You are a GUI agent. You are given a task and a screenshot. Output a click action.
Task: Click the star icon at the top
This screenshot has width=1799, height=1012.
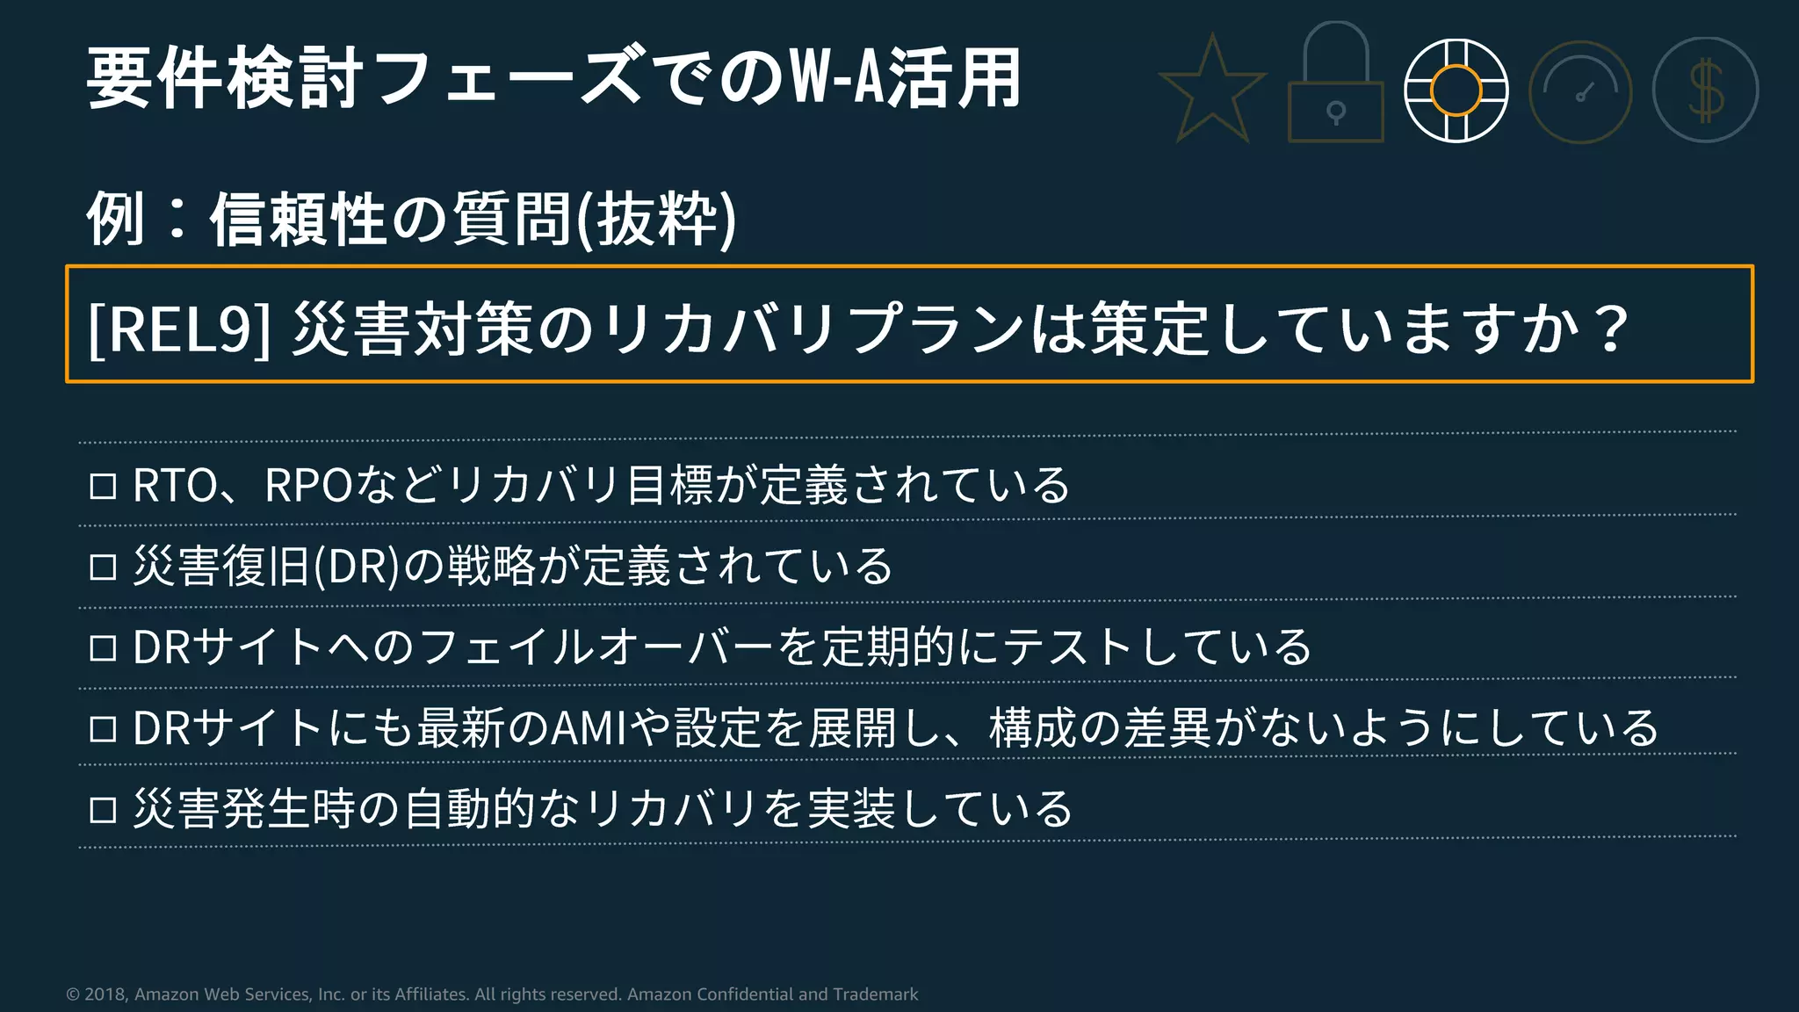(1212, 90)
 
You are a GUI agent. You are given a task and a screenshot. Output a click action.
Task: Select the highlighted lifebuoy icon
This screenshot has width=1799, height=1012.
(1456, 90)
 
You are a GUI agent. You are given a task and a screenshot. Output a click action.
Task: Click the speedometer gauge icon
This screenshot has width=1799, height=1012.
(1580, 92)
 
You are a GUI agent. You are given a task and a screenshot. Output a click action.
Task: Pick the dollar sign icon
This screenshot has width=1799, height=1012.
(1705, 90)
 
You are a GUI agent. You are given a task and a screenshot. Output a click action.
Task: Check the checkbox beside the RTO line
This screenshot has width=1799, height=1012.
(104, 486)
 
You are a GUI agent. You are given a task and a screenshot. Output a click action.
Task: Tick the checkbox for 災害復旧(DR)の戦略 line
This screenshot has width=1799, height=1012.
(104, 567)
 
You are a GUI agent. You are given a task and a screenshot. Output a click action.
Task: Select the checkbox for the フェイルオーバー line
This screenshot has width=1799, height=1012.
(104, 648)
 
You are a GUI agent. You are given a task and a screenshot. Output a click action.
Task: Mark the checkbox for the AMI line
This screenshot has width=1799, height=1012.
(104, 729)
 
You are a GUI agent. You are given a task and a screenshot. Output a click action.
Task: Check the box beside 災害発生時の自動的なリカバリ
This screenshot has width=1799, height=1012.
(104, 810)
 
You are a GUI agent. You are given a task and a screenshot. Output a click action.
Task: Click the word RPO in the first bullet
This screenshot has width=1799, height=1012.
(308, 486)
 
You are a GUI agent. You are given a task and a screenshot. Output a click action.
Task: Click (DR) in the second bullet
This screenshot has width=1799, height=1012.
(357, 567)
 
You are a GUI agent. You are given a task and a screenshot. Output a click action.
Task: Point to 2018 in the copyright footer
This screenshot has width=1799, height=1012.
(105, 994)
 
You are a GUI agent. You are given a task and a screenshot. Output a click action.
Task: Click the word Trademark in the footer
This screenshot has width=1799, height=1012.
(875, 994)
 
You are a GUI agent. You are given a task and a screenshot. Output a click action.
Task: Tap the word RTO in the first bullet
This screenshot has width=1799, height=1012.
(175, 486)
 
